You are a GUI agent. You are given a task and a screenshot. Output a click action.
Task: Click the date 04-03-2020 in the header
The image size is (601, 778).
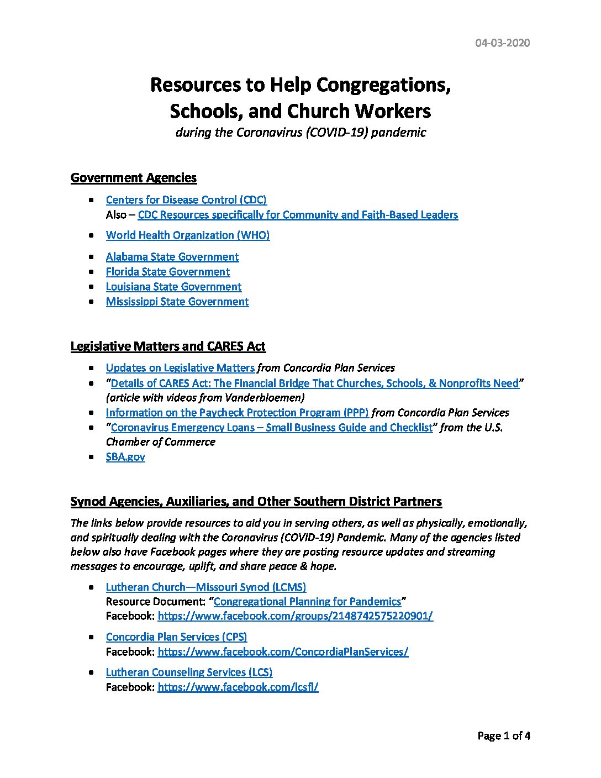pyautogui.click(x=502, y=43)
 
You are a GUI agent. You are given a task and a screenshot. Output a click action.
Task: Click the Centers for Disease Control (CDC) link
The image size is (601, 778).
pyautogui.click(x=186, y=200)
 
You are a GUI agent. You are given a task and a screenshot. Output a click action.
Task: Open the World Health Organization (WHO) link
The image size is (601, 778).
pyautogui.click(x=188, y=235)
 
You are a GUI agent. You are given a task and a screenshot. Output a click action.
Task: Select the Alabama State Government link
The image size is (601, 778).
pyautogui.click(x=172, y=257)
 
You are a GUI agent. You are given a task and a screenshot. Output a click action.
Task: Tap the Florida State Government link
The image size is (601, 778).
pyautogui.click(x=168, y=272)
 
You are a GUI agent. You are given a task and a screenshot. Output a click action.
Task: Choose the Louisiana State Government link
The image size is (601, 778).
pyautogui.click(x=173, y=287)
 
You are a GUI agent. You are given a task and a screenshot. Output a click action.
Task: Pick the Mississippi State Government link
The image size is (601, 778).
pyautogui.click(x=177, y=302)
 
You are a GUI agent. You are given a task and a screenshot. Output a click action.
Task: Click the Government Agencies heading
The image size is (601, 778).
pyautogui.click(x=134, y=178)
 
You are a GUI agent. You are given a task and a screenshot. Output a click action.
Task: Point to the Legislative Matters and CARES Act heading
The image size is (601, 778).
pyautogui.click(x=168, y=346)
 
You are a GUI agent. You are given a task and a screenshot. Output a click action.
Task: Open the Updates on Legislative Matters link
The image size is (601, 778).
pyautogui.click(x=180, y=368)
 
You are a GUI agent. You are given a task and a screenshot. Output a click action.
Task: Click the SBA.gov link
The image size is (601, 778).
pyautogui.click(x=125, y=457)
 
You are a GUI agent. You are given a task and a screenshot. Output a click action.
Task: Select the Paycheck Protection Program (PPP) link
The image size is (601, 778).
pyautogui.click(x=237, y=413)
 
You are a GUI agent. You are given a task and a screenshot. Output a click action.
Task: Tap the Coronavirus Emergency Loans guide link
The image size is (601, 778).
pyautogui.click(x=272, y=428)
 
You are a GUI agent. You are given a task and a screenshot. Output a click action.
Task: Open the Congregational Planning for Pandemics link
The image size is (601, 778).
pyautogui.click(x=307, y=602)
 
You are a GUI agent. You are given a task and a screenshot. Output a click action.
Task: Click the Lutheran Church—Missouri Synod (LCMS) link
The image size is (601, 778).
pyautogui.click(x=206, y=587)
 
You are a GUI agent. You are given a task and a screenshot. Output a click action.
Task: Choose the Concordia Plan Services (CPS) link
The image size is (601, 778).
pyautogui.click(x=176, y=637)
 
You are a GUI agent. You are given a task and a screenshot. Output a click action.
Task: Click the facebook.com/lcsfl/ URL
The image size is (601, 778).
pyautogui.click(x=238, y=687)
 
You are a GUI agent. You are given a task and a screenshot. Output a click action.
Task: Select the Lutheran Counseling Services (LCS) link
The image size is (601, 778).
pyautogui.click(x=189, y=672)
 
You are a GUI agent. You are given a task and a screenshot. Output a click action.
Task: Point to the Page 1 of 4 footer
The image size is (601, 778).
pyautogui.click(x=504, y=736)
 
